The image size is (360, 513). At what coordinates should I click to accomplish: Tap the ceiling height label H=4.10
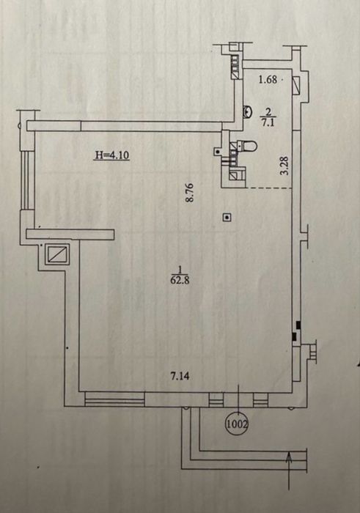[112, 155]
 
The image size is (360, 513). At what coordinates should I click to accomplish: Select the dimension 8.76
[190, 193]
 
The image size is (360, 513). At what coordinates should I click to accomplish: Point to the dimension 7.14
[180, 376]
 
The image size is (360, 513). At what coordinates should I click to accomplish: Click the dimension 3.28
[285, 166]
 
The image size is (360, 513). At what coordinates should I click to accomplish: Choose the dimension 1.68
[268, 79]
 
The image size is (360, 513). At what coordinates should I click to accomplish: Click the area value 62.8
[180, 280]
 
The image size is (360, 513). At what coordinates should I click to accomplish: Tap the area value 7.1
[268, 123]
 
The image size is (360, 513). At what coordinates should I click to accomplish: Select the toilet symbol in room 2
[247, 146]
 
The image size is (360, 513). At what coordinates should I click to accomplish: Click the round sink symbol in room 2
[247, 112]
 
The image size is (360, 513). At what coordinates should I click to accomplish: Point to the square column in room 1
[227, 217]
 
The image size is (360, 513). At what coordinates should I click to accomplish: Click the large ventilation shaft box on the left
[58, 254]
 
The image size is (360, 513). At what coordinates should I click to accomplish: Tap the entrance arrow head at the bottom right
[289, 457]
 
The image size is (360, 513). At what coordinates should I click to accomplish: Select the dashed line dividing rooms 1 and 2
[268, 188]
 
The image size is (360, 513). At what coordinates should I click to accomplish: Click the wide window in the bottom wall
[114, 399]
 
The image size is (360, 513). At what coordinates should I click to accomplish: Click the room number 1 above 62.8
[180, 270]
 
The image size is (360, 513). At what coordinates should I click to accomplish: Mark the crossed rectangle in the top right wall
[296, 85]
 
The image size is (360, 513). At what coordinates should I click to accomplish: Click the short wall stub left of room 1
[70, 235]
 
